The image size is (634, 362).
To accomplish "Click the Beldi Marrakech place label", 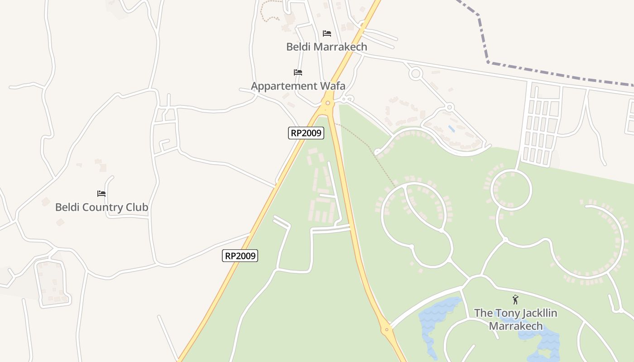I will [x=327, y=47].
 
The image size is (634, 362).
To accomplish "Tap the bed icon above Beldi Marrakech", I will [x=327, y=33].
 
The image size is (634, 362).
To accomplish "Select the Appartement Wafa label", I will [x=298, y=86].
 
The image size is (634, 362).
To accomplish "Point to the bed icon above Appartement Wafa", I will [x=298, y=72].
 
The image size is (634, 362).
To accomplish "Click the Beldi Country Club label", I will [x=101, y=207].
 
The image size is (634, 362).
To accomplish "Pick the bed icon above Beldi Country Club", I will [x=101, y=194].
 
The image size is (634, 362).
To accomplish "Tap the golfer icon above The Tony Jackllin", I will [x=515, y=300].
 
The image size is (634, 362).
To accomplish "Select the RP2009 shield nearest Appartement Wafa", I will [x=306, y=133].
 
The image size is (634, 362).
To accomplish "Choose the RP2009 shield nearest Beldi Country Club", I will [x=240, y=256].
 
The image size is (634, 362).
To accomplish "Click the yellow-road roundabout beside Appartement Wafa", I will [x=327, y=103].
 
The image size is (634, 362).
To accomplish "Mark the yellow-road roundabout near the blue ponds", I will [x=386, y=329].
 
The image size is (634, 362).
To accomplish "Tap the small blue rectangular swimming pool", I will [x=451, y=129].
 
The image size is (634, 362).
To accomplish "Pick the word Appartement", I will [x=283, y=86].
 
